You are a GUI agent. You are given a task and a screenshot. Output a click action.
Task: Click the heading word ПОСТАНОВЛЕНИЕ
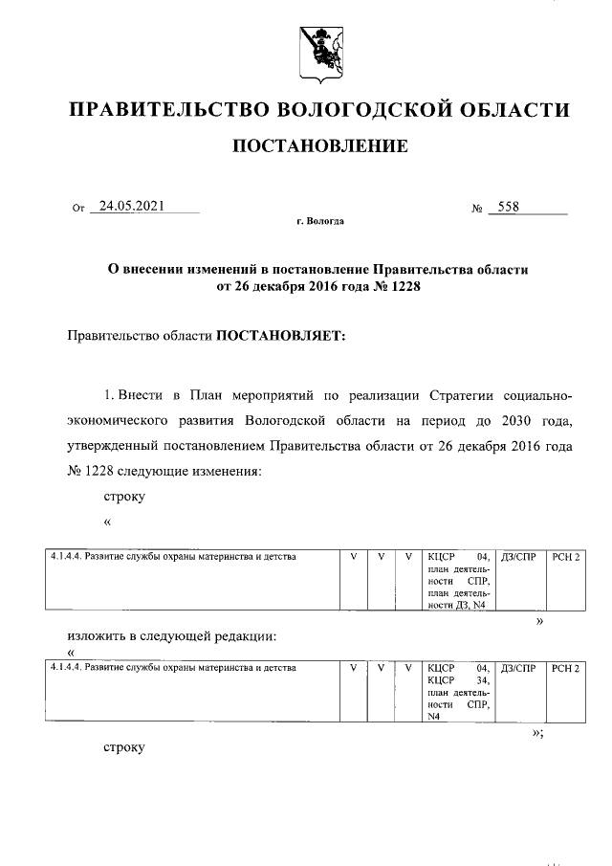click(319, 146)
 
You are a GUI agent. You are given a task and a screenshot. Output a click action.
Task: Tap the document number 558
click(505, 205)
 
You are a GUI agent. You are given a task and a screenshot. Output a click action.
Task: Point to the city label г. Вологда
click(320, 221)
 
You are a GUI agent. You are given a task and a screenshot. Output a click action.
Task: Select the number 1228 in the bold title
click(403, 286)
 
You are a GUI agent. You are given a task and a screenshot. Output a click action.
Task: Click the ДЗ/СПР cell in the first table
click(517, 556)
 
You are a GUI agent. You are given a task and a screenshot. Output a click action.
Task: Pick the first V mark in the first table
click(354, 556)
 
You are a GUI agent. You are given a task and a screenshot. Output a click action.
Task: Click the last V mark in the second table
click(408, 666)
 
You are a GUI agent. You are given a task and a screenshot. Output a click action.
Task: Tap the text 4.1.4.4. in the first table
click(64, 556)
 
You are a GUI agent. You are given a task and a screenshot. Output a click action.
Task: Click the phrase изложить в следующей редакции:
click(172, 635)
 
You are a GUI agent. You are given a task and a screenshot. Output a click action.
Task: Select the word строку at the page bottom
click(123, 745)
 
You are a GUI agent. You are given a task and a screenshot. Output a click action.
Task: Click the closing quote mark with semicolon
click(537, 732)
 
